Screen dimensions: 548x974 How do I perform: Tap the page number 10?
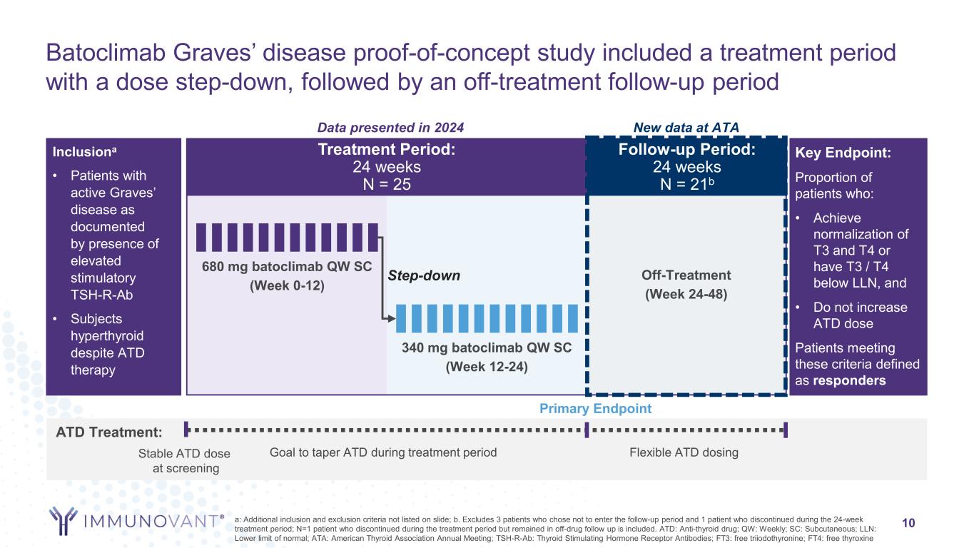909,523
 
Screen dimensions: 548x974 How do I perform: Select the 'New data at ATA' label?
686,127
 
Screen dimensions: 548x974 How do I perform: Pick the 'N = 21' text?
684,184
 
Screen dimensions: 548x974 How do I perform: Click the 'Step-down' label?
424,276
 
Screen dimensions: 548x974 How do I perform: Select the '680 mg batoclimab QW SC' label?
287,268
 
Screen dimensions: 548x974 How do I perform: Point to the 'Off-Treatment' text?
686,275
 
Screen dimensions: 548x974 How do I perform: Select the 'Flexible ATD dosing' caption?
684,452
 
